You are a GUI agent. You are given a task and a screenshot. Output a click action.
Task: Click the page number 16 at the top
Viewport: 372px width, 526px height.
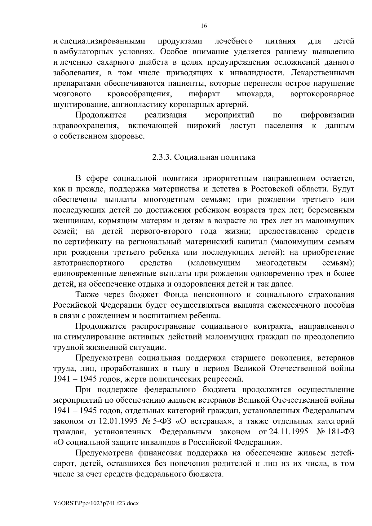tap(203, 26)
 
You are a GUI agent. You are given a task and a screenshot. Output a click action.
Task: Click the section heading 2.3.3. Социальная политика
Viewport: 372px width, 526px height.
tap(204, 157)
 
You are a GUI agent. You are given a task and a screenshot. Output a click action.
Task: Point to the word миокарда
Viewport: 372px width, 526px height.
tap(255, 94)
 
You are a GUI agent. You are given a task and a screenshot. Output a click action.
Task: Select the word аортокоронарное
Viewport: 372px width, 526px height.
tap(322, 94)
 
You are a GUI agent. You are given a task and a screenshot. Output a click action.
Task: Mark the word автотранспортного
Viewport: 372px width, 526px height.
tap(89, 263)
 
